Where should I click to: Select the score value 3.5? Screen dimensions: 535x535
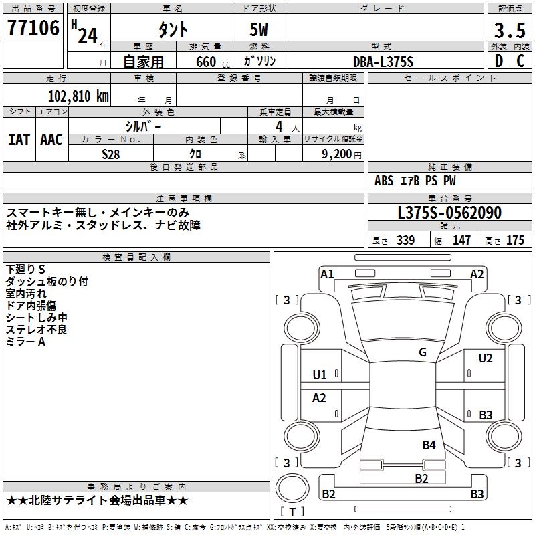coord(509,30)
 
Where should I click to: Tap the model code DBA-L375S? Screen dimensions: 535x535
coord(383,62)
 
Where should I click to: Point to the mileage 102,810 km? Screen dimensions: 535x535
coord(78,96)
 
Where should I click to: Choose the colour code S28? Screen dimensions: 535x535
coord(110,154)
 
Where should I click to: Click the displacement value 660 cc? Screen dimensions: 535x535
coord(207,62)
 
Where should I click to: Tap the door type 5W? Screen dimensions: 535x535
coord(259,30)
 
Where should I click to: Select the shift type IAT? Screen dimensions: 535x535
coord(19,140)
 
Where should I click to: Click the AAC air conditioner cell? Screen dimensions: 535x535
coord(51,140)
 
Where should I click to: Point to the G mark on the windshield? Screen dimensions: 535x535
coord(423,352)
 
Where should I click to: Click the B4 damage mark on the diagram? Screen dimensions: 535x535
coord(429,445)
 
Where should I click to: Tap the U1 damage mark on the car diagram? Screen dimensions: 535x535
coord(320,375)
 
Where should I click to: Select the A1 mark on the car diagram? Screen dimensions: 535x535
coord(327,274)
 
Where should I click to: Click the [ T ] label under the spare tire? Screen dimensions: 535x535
coord(292,512)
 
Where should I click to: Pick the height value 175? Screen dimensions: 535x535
coord(515,241)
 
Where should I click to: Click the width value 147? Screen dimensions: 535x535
coord(461,241)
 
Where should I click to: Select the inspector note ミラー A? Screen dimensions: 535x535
coord(25,342)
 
